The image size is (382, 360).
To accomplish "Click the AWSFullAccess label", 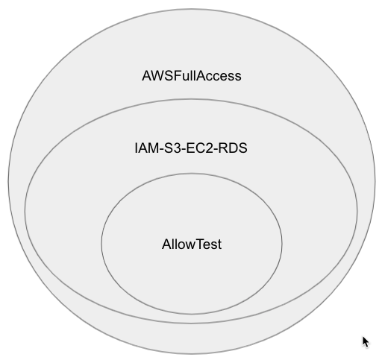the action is point(192,76).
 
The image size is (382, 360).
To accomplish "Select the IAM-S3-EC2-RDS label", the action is point(191,148).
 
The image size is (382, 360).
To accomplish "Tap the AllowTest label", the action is point(192,244).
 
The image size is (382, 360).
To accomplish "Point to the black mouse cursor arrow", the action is point(366,342).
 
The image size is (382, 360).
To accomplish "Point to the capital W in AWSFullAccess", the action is point(158,76).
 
